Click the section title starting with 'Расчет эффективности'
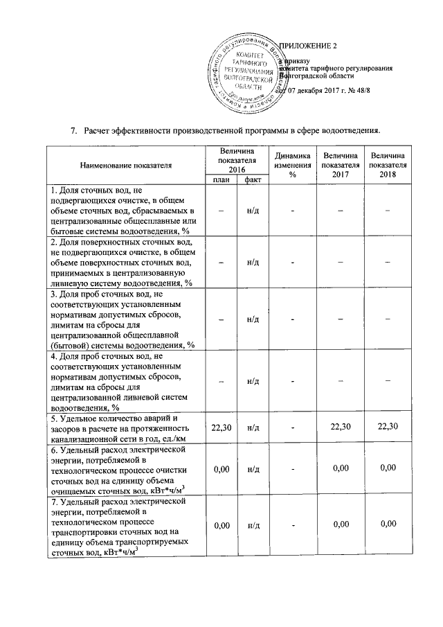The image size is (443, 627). click(x=232, y=130)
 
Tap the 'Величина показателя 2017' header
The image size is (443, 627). click(x=340, y=165)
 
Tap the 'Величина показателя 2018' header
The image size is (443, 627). click(x=388, y=165)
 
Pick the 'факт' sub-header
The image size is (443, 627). click(x=253, y=180)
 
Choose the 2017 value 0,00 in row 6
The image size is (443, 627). click(x=340, y=469)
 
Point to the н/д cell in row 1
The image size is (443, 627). click(x=253, y=211)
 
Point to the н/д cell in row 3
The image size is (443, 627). click(x=253, y=318)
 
